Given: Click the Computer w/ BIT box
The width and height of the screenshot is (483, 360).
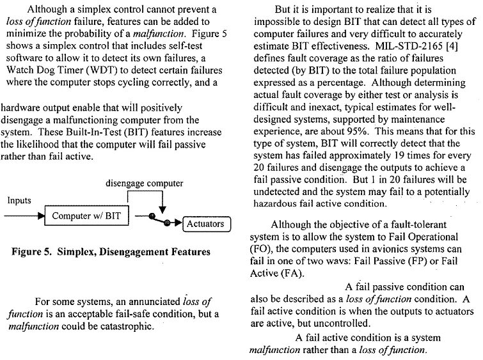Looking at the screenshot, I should tap(86, 216).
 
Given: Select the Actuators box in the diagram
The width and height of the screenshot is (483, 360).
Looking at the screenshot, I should tap(204, 224).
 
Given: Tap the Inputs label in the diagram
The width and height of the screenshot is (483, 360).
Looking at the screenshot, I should tap(19, 200).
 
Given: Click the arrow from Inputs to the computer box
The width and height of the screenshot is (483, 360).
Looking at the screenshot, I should tap(26, 216).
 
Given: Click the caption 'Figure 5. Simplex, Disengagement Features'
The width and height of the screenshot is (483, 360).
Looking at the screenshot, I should tap(111, 252).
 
